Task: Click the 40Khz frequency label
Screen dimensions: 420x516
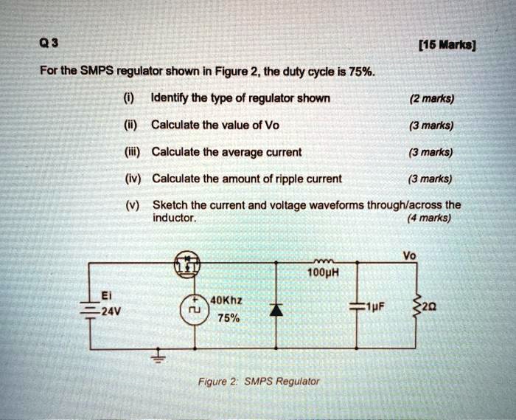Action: coord(229,300)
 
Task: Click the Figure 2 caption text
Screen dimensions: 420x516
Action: coord(258,382)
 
